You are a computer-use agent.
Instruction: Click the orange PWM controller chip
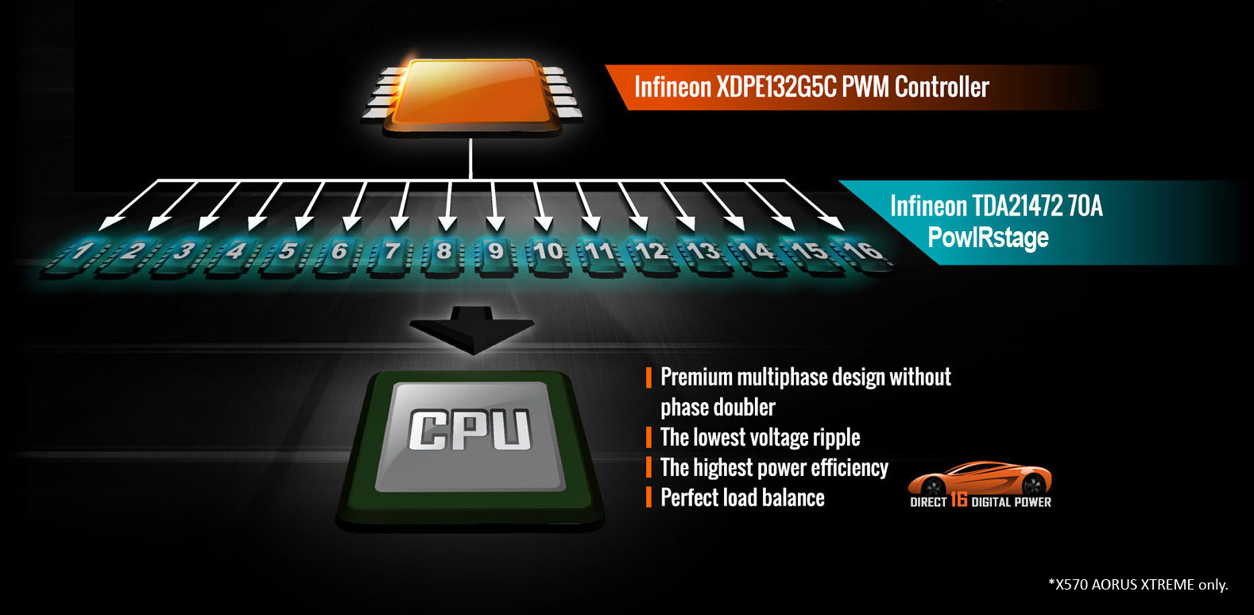pyautogui.click(x=471, y=95)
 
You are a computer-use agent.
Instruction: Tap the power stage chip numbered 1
pyautogui.click(x=77, y=257)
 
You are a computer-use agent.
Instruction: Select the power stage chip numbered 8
pyautogui.click(x=443, y=257)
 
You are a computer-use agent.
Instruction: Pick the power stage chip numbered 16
pyautogui.click(x=860, y=257)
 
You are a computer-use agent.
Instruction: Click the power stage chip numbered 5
pyautogui.click(x=285, y=257)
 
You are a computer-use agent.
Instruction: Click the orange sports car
pyautogui.click(x=980, y=478)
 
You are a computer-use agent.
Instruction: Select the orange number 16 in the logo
pyautogui.click(x=959, y=499)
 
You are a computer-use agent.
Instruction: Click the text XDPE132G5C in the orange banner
pyautogui.click(x=776, y=87)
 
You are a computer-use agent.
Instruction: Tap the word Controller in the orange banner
pyautogui.click(x=942, y=87)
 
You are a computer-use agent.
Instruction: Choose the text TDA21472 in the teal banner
pyautogui.click(x=1016, y=206)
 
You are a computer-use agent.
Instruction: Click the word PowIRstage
pyautogui.click(x=988, y=238)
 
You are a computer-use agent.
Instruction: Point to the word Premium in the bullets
pyautogui.click(x=696, y=377)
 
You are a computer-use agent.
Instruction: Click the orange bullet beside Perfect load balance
pyautogui.click(x=648, y=497)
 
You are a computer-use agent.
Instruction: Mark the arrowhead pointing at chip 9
pyautogui.click(x=495, y=223)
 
